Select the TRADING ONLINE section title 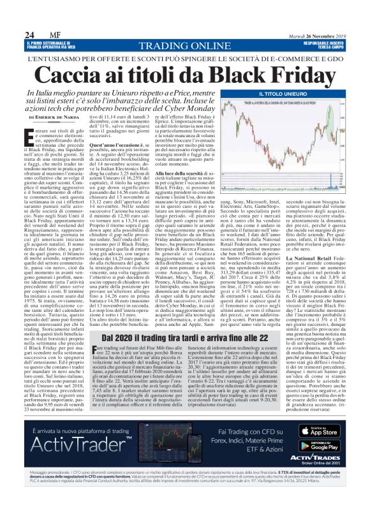pos(185,45)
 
